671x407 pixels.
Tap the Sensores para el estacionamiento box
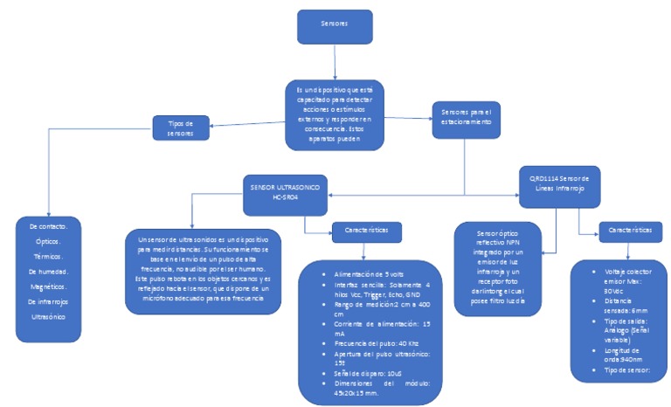point(467,117)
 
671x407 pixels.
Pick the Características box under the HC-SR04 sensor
point(366,231)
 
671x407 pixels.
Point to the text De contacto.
point(50,227)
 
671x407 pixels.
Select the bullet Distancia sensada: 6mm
point(621,306)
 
